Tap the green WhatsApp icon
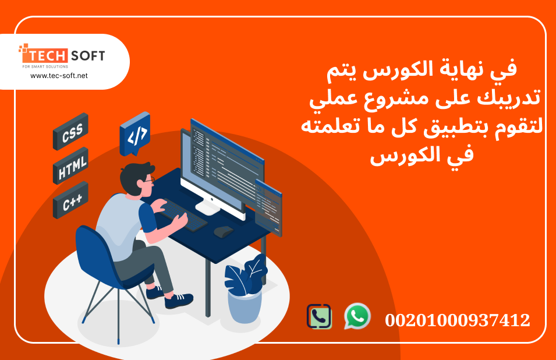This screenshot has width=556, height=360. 357,316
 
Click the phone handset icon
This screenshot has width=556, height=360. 319,317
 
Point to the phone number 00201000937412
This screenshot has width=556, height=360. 458,320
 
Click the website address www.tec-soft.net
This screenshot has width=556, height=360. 59,76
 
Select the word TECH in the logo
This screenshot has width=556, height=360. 44,56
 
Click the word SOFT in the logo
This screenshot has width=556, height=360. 87,56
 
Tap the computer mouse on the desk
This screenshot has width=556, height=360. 223,231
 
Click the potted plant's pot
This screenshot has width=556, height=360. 244,305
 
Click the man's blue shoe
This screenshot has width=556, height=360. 178,301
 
